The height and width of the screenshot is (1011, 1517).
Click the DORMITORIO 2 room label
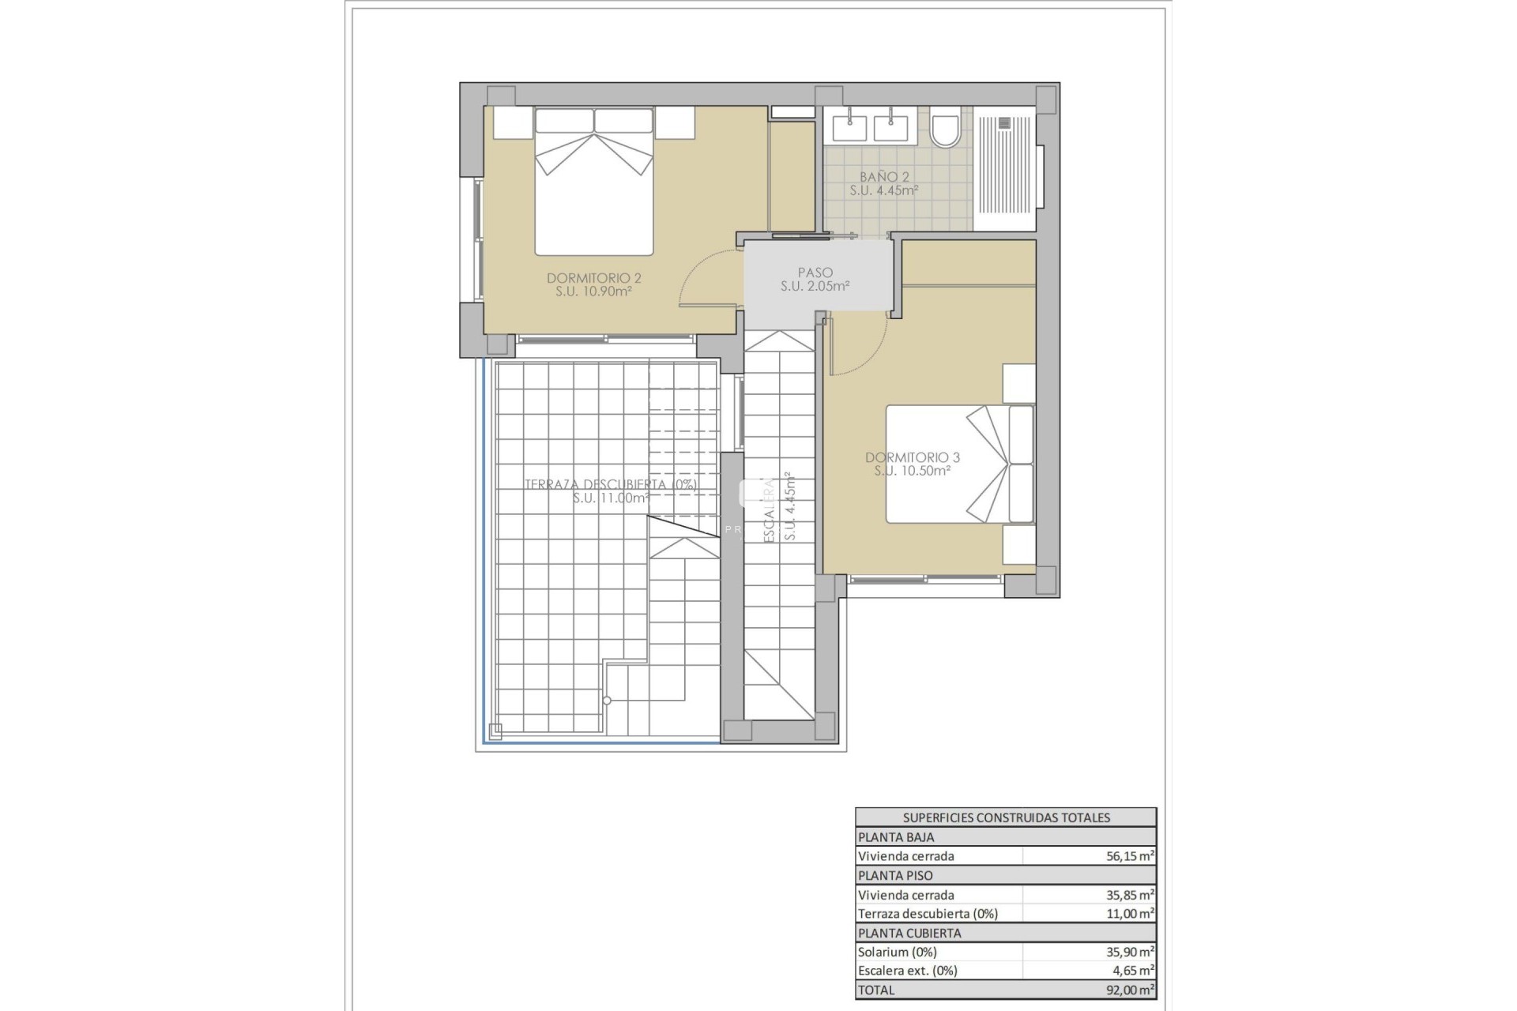click(593, 278)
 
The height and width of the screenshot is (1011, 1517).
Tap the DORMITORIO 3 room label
click(912, 457)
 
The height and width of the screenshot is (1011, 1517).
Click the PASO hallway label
click(815, 272)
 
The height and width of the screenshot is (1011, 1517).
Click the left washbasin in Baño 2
click(849, 128)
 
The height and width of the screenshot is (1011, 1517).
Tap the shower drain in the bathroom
click(1004, 122)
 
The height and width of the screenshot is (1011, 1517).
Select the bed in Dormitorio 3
click(956, 464)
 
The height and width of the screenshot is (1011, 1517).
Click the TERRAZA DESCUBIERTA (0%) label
click(611, 485)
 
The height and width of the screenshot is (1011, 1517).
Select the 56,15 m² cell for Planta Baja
click(1130, 856)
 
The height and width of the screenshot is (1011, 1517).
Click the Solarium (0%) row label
click(897, 952)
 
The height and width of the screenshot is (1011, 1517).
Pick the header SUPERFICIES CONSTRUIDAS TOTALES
click(1006, 817)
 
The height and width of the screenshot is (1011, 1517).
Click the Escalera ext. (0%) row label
click(907, 971)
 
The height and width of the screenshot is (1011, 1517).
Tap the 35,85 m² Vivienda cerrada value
click(1130, 895)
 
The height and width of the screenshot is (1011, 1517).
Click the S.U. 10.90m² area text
click(593, 291)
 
